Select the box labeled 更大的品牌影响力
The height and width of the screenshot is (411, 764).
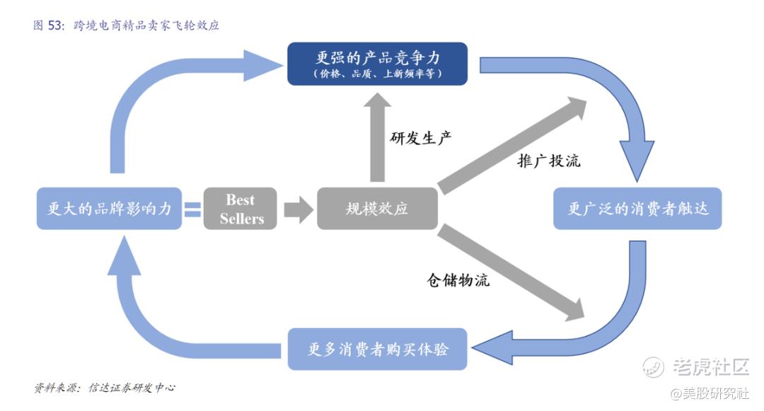pos(108,209)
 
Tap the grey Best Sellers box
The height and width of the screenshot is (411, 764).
pos(241,209)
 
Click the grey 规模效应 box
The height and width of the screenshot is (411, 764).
pos(377,209)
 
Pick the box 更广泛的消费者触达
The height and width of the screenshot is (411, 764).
pos(637,209)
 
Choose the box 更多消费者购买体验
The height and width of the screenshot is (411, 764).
pos(377,349)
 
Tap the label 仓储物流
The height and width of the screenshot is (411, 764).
pos(458,280)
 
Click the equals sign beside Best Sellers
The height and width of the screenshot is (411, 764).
pos(192,209)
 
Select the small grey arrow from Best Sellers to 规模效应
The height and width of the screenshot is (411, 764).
pos(298,209)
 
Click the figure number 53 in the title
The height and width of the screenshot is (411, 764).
pos(56,25)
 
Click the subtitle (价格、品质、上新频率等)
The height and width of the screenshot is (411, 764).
pos(377,73)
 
